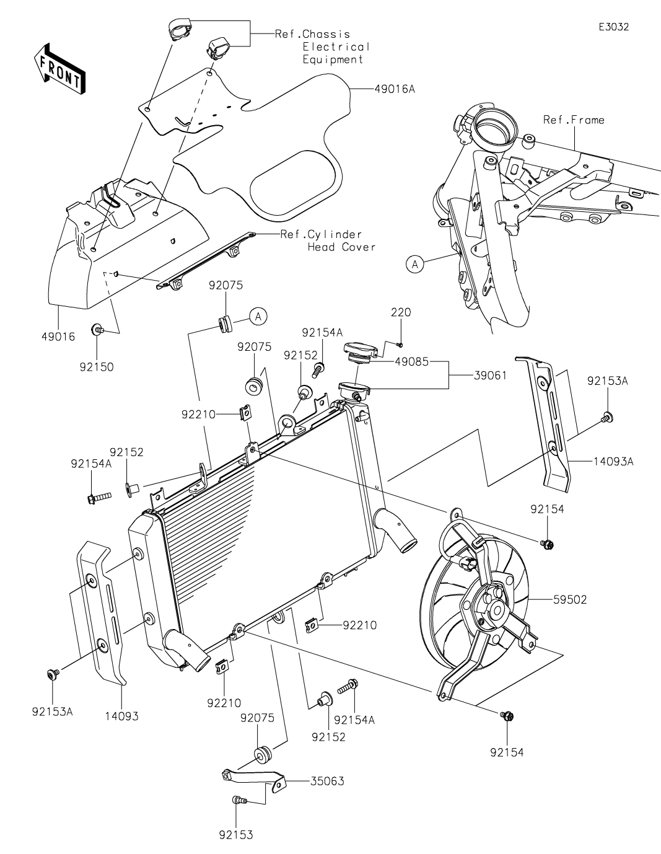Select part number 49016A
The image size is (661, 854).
[x=394, y=89]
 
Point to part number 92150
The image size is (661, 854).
[x=96, y=366]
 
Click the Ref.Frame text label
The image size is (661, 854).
[x=573, y=120]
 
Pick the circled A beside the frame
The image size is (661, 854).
[x=414, y=264]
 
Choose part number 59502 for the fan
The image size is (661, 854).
[x=567, y=599]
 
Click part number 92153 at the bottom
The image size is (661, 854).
[x=235, y=835]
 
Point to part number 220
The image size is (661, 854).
[x=400, y=312]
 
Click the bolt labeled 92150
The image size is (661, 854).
[x=97, y=330]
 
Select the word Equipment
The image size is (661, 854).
[x=333, y=59]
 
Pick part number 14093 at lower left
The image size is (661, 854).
[x=120, y=716]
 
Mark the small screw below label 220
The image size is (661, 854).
[x=400, y=343]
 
